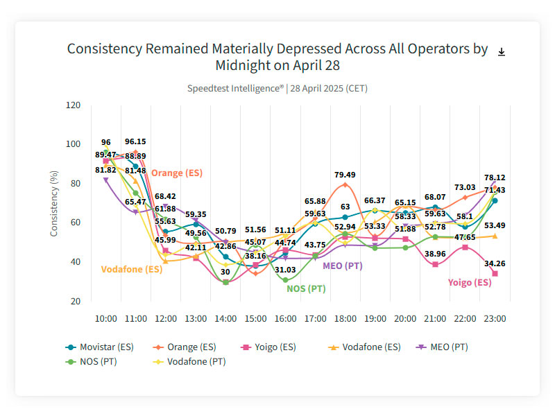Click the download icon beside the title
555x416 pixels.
(x=502, y=52)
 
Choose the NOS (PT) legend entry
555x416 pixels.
(x=94, y=361)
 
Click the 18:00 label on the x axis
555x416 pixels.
(x=345, y=319)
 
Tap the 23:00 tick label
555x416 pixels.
(x=495, y=319)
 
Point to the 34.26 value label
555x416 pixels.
(x=495, y=263)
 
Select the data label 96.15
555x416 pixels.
(x=135, y=141)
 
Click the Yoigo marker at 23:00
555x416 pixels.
(x=495, y=274)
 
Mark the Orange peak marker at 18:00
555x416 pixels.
(x=345, y=184)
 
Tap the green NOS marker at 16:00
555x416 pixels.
(x=285, y=279)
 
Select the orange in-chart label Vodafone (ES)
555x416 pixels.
(x=132, y=269)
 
